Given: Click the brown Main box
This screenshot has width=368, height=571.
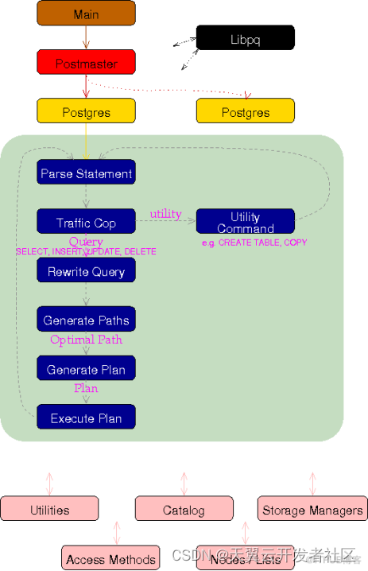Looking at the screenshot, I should click(x=86, y=14).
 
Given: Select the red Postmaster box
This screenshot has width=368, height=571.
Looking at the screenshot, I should click(x=86, y=62).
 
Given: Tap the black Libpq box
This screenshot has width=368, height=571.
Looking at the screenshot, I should click(x=245, y=37).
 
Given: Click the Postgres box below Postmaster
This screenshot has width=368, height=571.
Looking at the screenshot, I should click(x=86, y=111).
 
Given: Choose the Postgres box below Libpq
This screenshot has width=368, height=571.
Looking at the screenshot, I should click(x=245, y=111).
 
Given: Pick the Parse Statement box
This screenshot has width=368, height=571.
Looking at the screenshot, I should click(x=86, y=173).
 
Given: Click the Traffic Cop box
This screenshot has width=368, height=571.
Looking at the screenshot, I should click(x=86, y=222).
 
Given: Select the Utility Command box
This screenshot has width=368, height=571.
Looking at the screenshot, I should click(x=245, y=222).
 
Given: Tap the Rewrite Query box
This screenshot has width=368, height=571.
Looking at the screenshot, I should click(x=86, y=270).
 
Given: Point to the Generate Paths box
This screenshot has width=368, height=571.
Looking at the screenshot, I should click(x=86, y=320).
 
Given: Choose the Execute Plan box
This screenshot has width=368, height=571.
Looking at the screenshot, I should click(x=86, y=418).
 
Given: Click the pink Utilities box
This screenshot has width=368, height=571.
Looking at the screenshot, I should click(x=49, y=509).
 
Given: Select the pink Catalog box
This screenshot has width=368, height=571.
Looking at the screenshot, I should click(x=184, y=509).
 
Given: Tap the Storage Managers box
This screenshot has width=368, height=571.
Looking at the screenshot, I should click(x=312, y=509).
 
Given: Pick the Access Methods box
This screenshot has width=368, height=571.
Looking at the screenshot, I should click(x=110, y=558).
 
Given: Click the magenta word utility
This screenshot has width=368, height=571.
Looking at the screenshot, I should click(x=165, y=214).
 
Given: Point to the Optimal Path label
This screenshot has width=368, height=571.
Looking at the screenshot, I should click(x=86, y=340).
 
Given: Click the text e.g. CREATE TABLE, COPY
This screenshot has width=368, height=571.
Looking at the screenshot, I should click(x=254, y=242).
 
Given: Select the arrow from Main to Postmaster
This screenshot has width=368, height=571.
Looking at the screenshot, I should click(x=86, y=37).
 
